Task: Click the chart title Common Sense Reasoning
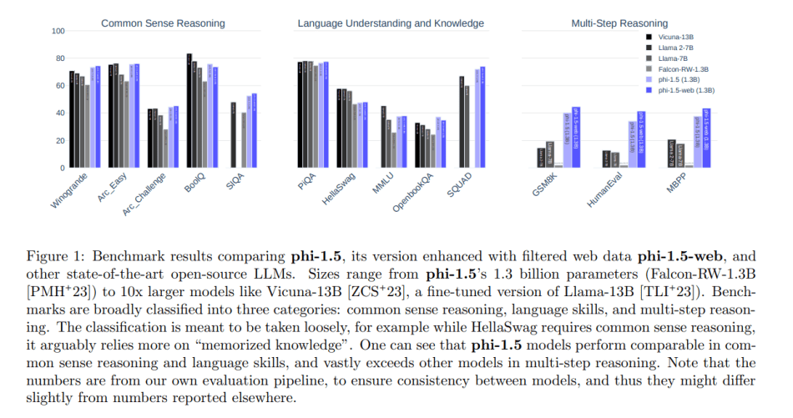163,23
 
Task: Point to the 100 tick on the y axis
58,32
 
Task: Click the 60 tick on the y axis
59,86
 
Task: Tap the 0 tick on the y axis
62,168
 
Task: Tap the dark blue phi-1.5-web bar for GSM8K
576,138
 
